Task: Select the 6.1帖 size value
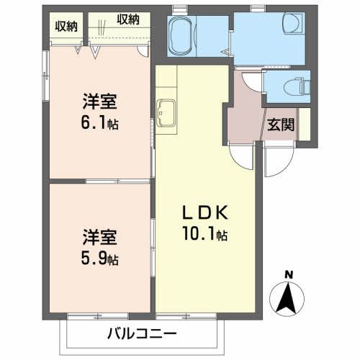(x=99, y=122)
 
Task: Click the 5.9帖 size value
(x=99, y=257)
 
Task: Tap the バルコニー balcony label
(x=142, y=334)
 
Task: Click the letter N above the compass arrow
(x=289, y=274)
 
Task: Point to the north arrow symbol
(x=289, y=297)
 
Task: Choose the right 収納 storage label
(x=127, y=19)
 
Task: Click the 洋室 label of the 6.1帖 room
(x=99, y=102)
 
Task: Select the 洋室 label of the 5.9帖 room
(x=99, y=236)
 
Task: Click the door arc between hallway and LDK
(x=241, y=153)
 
